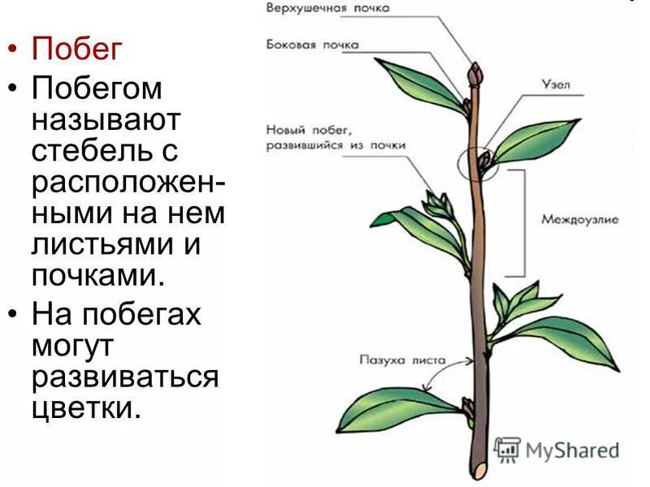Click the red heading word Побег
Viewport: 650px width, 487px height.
coord(76,50)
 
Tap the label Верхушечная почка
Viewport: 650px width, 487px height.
coord(328,8)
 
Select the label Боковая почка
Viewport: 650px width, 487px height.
coord(312,45)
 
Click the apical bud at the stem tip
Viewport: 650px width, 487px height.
coord(474,74)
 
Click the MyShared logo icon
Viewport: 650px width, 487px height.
coord(508,450)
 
